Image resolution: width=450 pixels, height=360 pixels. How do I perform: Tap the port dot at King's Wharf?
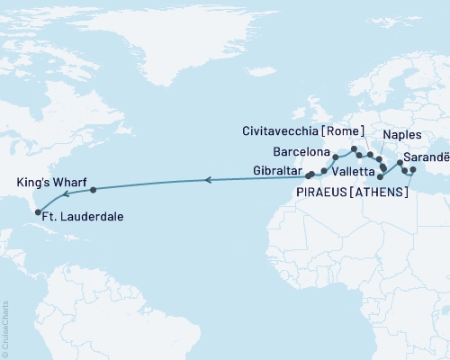click(94, 190)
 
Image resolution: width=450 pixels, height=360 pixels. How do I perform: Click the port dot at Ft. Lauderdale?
click(38, 213)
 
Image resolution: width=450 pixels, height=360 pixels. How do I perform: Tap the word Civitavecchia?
click(290, 127)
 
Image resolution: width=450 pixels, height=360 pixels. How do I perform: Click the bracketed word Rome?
click(353, 127)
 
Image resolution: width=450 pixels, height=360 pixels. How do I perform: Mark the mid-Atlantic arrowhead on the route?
click(208, 181)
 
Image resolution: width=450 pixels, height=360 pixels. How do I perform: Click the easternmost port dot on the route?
click(412, 170)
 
